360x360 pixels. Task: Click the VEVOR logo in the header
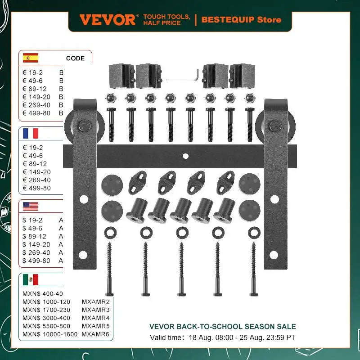(x=107, y=20)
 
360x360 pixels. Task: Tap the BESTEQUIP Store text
(x=241, y=20)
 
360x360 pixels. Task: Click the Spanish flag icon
(x=31, y=58)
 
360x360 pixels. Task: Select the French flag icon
(x=31, y=133)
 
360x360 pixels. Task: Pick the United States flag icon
(x=31, y=207)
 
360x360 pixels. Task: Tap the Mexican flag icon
(x=31, y=279)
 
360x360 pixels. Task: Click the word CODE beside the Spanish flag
(x=75, y=58)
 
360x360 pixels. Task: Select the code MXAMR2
(x=95, y=301)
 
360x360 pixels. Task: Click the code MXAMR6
(x=95, y=334)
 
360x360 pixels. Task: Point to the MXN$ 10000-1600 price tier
(x=50, y=334)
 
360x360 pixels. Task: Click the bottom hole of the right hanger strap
(x=273, y=255)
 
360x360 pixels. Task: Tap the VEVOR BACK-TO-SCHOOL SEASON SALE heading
(x=223, y=327)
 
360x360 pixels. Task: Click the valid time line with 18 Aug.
(x=223, y=337)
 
